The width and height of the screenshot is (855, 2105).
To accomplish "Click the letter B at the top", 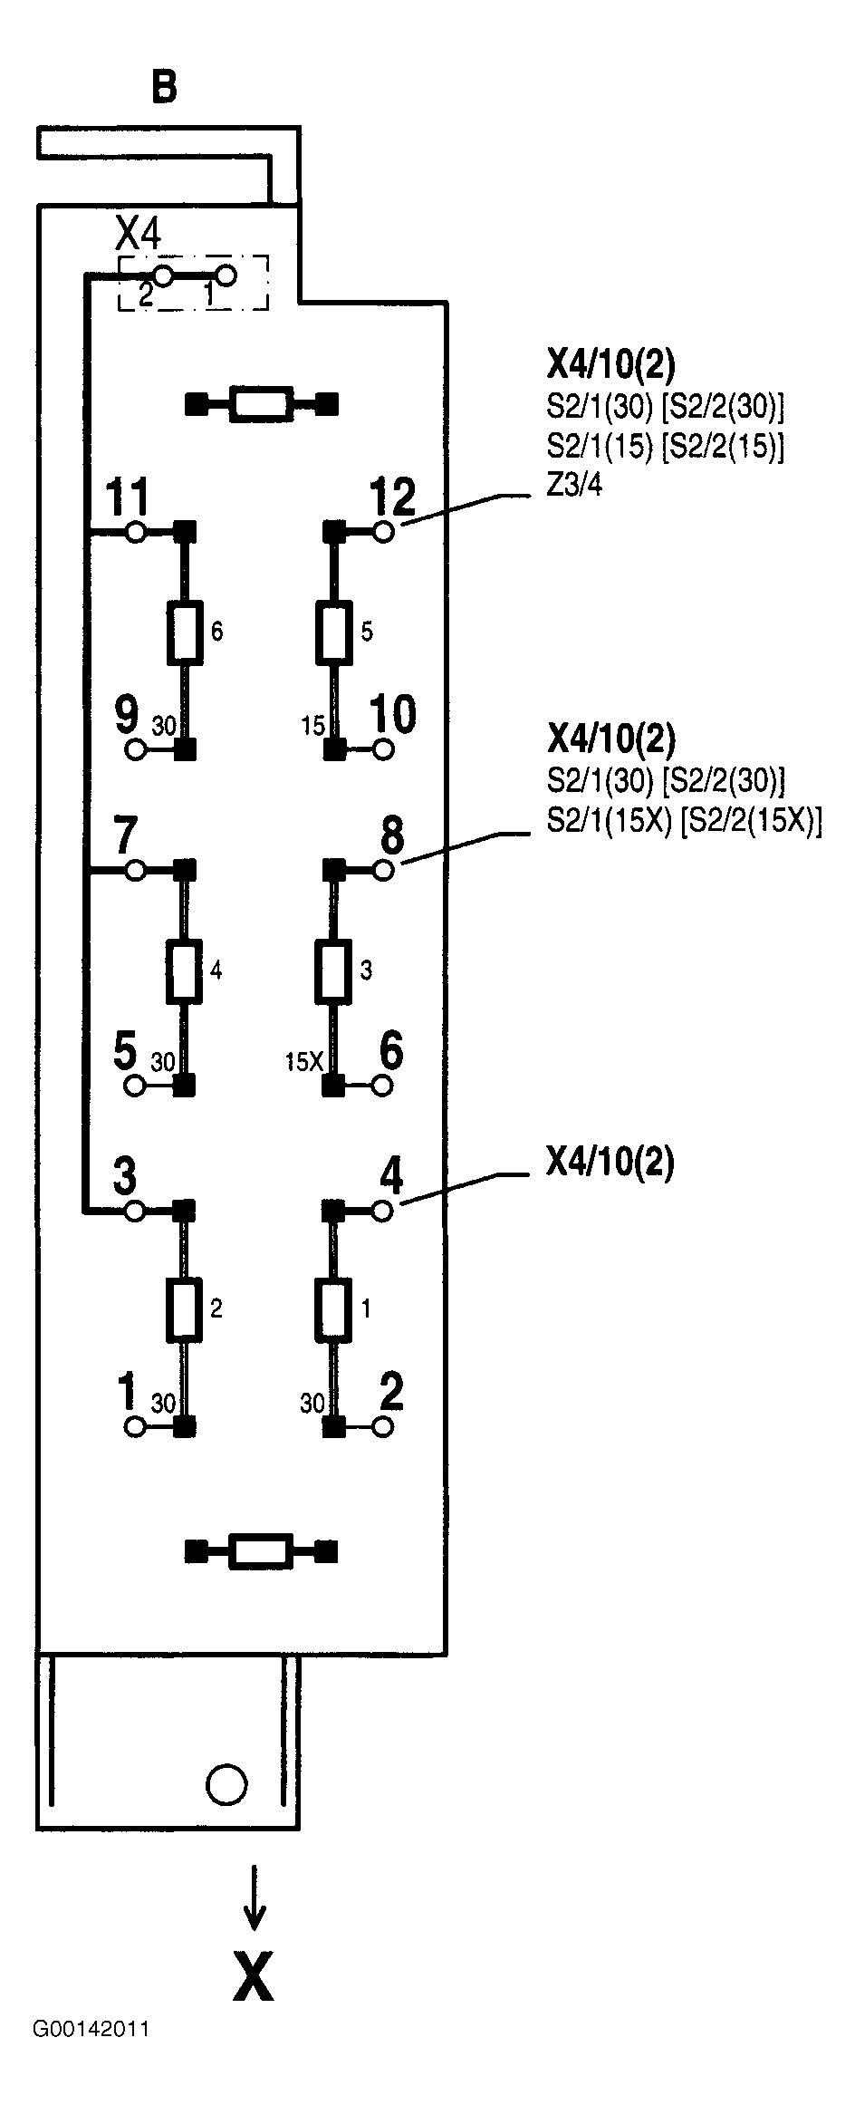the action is [x=163, y=87].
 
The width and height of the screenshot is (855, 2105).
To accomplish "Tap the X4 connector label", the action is [x=139, y=235].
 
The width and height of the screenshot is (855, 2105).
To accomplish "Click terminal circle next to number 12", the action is [x=383, y=532].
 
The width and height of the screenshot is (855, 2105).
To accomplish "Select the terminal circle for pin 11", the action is [x=136, y=532].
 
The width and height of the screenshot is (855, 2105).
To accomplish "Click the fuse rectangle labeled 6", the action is [x=185, y=631].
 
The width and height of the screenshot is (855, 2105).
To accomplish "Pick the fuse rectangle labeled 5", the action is [x=333, y=631].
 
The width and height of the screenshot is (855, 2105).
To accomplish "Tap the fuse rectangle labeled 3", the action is [x=333, y=970].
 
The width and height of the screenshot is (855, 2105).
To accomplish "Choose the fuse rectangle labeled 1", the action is [x=333, y=1309].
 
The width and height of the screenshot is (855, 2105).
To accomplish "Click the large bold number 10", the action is [x=392, y=714].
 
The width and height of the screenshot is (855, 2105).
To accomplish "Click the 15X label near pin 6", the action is [x=304, y=1062].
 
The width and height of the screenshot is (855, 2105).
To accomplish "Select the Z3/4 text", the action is [x=574, y=487].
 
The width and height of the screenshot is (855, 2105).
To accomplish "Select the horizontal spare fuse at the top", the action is [x=261, y=403].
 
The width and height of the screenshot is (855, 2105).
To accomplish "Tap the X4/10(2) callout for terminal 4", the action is [x=610, y=1162].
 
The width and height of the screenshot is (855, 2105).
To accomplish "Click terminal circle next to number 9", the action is [x=136, y=749].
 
